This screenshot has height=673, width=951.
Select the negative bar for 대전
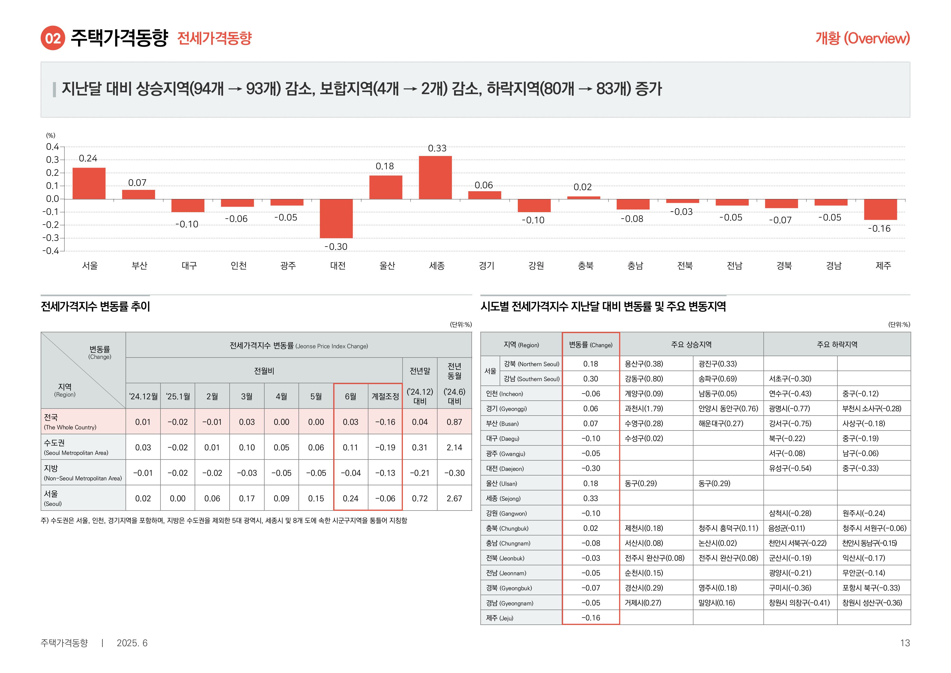[336, 218]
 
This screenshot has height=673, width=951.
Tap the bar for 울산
[385, 187]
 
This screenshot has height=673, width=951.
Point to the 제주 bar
[880, 209]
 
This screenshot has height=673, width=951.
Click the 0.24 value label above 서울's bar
[88, 158]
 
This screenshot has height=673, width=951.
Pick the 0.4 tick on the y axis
[53, 147]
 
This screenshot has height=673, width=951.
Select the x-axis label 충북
[586, 266]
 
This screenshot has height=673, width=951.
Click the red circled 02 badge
[53, 38]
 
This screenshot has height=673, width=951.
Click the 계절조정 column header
[385, 396]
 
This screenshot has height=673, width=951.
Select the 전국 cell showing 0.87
[454, 422]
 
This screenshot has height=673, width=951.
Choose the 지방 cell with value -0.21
[420, 473]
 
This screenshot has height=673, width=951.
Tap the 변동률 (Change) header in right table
[591, 345]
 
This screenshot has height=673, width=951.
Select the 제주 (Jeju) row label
[500, 618]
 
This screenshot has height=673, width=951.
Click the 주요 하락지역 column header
[837, 345]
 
